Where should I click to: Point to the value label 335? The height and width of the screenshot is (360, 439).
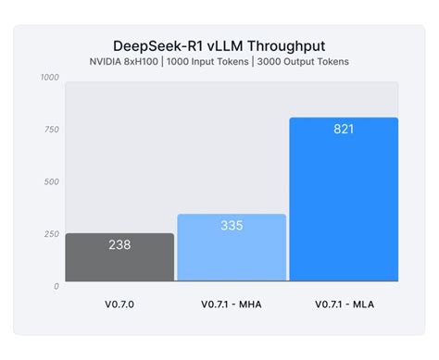pos(232,226)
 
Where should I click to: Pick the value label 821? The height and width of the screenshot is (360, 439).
pos(344,130)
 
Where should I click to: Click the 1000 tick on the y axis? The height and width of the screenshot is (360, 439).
pos(50,78)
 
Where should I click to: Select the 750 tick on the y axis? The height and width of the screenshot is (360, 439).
pos(52,130)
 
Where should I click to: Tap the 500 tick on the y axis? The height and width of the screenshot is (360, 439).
pos(52,181)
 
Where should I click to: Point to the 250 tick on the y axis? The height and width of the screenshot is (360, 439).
pos(52,233)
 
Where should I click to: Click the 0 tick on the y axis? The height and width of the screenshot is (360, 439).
pos(56,286)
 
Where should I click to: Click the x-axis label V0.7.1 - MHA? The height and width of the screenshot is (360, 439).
pos(232,304)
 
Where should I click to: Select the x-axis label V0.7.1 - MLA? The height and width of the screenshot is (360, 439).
pos(344,304)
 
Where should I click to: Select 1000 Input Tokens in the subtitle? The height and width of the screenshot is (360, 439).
pos(210,62)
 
